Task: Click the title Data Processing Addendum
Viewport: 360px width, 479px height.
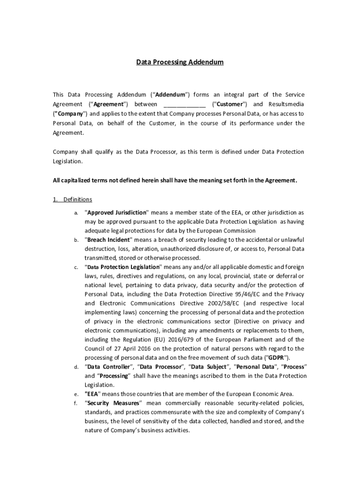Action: (x=180, y=62)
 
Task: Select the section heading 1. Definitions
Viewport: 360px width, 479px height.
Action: (x=72, y=199)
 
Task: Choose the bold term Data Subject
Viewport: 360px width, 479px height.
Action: (x=210, y=367)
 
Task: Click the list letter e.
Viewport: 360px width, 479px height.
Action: (x=76, y=394)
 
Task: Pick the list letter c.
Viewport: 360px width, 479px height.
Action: (x=76, y=268)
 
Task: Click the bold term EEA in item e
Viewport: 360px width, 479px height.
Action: (x=93, y=394)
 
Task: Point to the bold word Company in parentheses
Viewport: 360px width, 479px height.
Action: (x=69, y=113)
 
